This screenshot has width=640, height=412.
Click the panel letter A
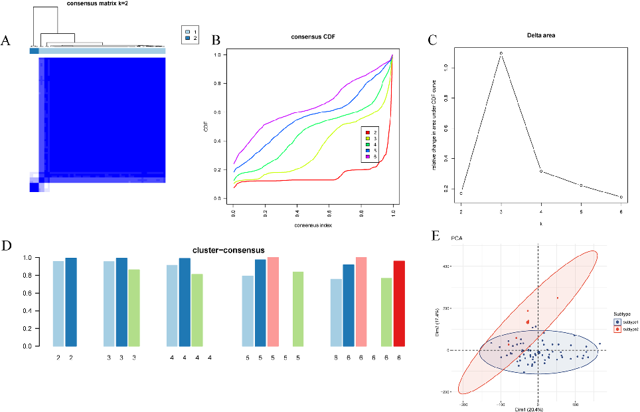tap(6, 41)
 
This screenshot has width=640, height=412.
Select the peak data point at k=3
tap(501, 53)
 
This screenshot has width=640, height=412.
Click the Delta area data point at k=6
tap(621, 197)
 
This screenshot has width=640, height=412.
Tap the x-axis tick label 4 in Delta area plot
tap(541, 211)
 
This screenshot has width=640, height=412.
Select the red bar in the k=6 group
tap(399, 304)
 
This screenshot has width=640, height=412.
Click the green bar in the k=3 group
tap(134, 308)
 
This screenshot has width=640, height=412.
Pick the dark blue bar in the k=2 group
tap(71, 302)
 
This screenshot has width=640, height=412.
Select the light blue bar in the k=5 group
tap(248, 311)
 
